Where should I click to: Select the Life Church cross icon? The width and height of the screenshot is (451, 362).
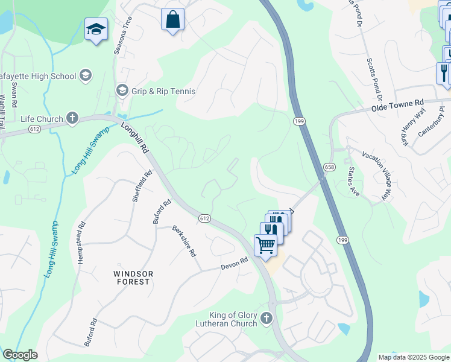(x=72, y=118)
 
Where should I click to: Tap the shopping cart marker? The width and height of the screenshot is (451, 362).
(x=265, y=245)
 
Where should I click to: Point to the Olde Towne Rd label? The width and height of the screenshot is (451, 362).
(x=398, y=107)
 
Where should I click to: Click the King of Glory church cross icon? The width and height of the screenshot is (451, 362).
(x=267, y=317)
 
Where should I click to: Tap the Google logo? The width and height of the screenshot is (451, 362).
(x=20, y=355)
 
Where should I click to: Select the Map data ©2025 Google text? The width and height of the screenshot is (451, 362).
(x=414, y=357)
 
